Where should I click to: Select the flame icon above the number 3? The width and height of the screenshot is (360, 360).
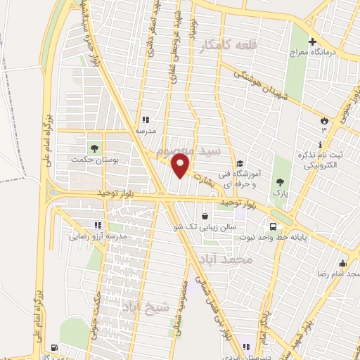(324, 120)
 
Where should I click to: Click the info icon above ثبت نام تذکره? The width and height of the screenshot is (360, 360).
(321, 144)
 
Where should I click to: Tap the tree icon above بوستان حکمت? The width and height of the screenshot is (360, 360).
(93, 148)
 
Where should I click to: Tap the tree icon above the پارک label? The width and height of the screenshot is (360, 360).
(283, 162)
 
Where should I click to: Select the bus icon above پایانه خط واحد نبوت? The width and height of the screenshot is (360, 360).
(273, 227)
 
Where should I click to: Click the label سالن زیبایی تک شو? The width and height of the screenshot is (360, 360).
(203, 228)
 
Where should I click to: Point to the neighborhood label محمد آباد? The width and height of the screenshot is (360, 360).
(230, 259)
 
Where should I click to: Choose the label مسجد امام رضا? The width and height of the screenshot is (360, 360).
(338, 271)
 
